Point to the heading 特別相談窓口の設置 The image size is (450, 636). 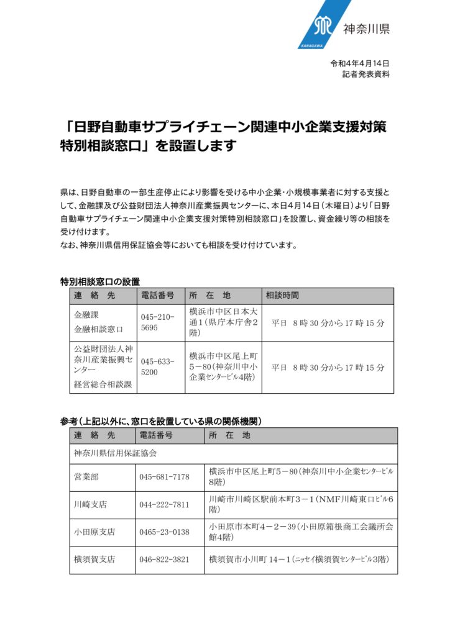pos(99,281)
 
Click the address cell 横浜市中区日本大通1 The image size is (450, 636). pos(222,322)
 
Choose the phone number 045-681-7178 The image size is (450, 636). pos(165,476)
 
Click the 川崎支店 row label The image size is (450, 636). pos(90,504)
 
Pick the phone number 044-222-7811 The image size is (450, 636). pos(165,504)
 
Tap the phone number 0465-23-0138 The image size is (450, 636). pos(165,532)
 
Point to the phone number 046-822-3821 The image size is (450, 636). pos(165,560)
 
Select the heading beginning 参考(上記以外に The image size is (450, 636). pos(160,421)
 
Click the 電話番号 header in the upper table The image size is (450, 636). pos(157,295)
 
